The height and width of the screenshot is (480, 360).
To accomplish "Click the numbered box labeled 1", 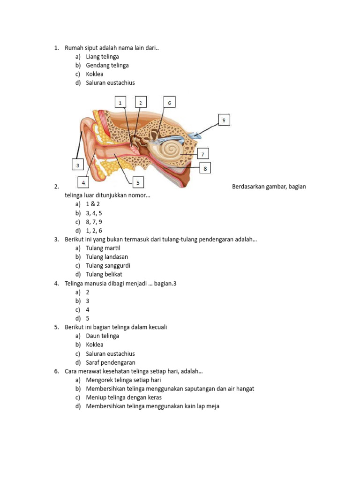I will point(120,103).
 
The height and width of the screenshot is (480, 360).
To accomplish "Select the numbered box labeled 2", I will point(141,103).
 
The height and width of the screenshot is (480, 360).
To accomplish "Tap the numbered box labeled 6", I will point(170,103).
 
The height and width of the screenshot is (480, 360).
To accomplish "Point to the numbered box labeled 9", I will point(224,120).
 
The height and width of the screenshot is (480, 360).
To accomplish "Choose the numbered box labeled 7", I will point(202,154).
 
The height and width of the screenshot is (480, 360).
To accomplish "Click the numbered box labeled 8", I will point(205,168).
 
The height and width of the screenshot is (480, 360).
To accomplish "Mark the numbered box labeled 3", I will point(77,165).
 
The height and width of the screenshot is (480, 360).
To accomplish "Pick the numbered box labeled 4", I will point(83,182).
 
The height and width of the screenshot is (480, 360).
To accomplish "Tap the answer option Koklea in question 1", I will point(95,74).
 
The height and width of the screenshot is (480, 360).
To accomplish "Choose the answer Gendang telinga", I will point(107,65).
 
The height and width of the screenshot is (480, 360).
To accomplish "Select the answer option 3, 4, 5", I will point(94,213).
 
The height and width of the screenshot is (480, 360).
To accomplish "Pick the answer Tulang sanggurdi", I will point(108,266).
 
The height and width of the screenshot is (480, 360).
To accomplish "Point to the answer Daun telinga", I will point(102,336).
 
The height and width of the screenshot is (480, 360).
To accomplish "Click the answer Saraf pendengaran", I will point(111,362).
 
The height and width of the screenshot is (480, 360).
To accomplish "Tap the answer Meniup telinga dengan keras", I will point(124,397).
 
